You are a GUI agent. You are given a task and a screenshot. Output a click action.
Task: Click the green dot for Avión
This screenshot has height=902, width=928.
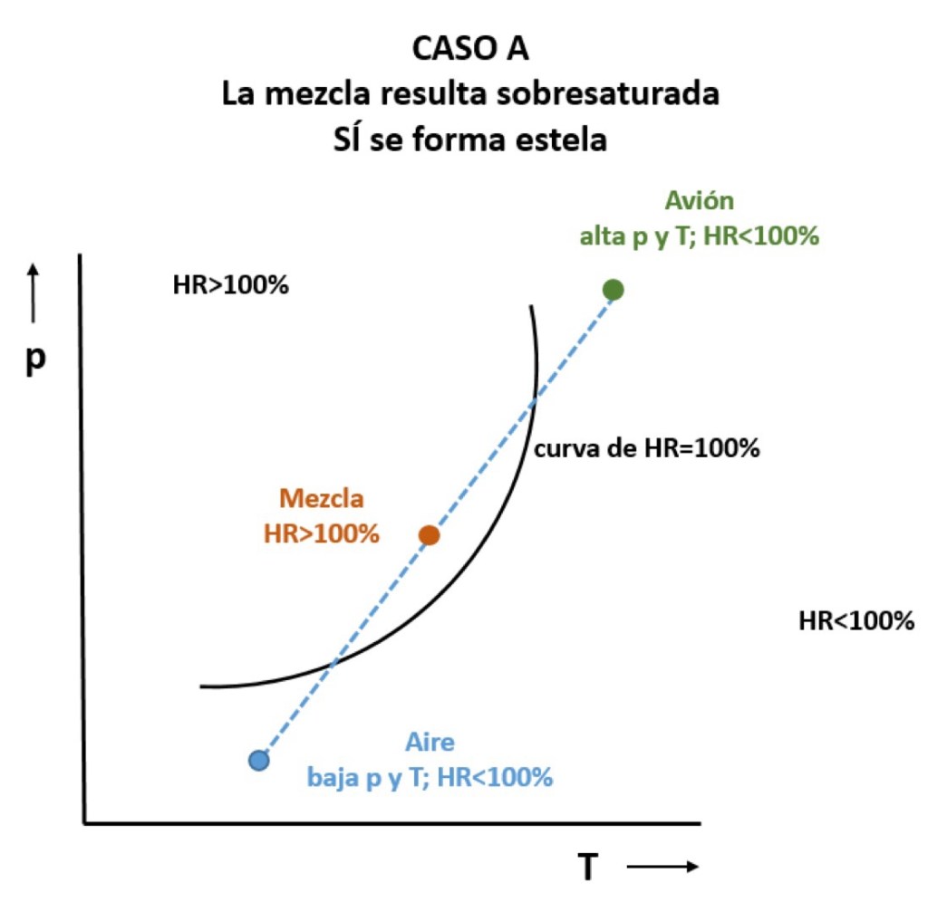click(614, 289)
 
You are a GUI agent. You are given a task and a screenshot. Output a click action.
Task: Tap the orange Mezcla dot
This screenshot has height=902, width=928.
click(430, 535)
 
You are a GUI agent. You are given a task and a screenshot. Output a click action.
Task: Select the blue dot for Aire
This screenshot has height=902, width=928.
click(259, 760)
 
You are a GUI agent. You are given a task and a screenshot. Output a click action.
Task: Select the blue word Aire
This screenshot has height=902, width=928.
click(430, 743)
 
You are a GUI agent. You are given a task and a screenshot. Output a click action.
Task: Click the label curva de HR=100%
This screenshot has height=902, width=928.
click(646, 448)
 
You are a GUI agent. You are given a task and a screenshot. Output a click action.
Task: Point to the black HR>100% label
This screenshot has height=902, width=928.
click(230, 286)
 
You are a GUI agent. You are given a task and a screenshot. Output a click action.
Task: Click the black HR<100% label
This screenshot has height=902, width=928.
click(856, 621)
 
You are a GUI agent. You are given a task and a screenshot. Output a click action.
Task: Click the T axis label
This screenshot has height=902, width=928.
click(589, 868)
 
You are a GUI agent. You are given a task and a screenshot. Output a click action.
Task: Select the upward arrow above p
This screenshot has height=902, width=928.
click(34, 292)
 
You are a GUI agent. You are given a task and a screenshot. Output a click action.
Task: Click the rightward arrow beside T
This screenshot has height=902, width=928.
click(662, 868)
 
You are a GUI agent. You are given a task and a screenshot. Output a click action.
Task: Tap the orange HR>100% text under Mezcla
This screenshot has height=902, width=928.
click(321, 533)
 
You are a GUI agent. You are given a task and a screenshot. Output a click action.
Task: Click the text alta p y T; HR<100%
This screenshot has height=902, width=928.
click(700, 236)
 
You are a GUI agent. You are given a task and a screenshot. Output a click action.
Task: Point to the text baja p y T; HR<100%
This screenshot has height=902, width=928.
click(430, 778)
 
